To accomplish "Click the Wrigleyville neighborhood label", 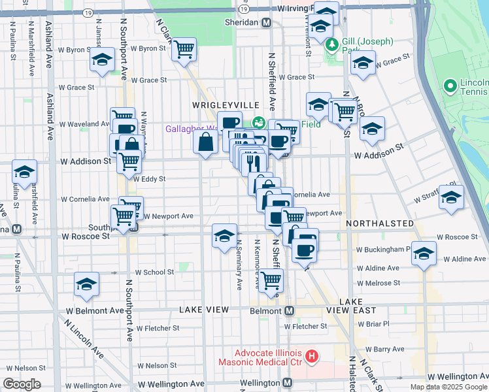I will [x=221, y=105].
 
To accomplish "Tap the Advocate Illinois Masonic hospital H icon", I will [x=312, y=357].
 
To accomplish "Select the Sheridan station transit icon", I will [x=266, y=22].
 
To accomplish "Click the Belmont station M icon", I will [x=288, y=310].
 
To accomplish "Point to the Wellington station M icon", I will [x=288, y=382].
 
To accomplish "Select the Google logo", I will [x=22, y=384].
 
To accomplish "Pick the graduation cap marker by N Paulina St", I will [x=25, y=172].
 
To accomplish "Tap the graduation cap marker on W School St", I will [x=86, y=284].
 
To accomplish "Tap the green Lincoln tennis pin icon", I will [x=450, y=86].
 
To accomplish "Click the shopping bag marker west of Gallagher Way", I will [x=206, y=142].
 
